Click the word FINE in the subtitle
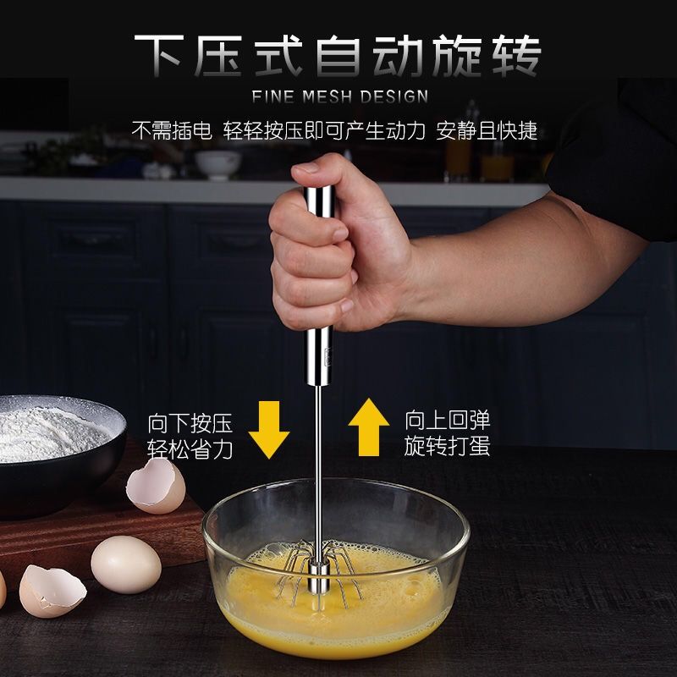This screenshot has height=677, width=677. [271, 96]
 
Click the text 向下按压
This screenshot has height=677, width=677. [190, 421]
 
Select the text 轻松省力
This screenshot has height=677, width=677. [190, 449]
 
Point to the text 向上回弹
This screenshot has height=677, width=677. [447, 420]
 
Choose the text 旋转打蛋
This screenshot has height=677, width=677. [447, 447]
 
